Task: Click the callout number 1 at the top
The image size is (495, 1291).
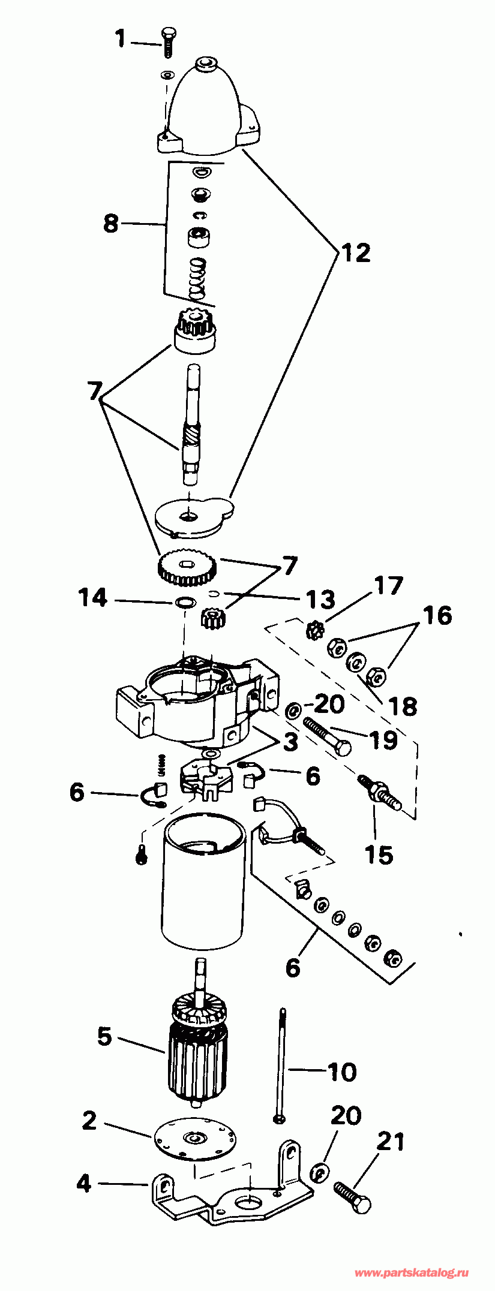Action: (121, 39)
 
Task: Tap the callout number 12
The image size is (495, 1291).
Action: (356, 252)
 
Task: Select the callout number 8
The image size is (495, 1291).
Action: (111, 224)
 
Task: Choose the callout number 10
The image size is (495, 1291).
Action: (342, 1072)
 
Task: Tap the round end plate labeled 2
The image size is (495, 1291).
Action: (194, 1138)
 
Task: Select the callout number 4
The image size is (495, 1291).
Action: (84, 1182)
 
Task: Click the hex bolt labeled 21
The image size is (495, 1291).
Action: (352, 1197)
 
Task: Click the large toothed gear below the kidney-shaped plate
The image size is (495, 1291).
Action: (187, 567)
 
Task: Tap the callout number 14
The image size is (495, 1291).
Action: (94, 597)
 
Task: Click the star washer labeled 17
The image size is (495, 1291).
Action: (314, 630)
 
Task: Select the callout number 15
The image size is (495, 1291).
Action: (379, 854)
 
